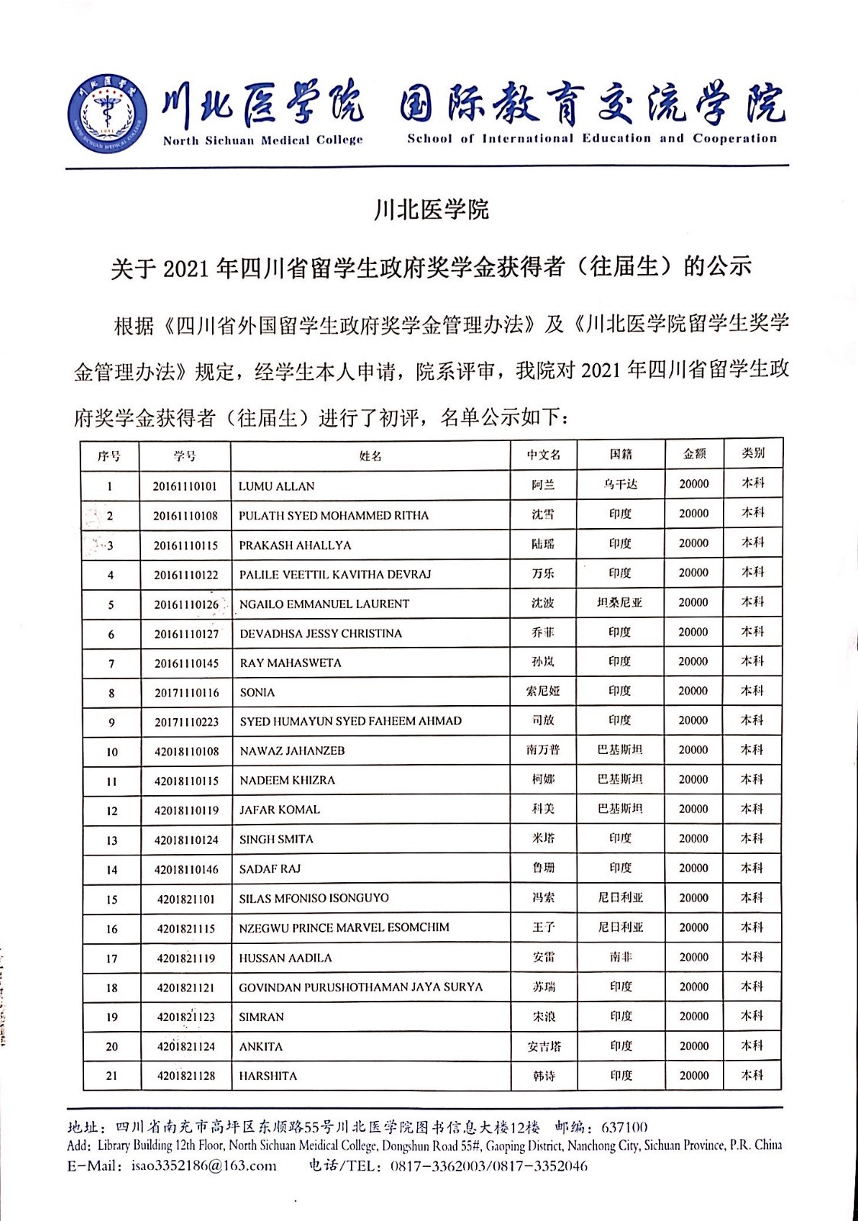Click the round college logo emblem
(107, 111)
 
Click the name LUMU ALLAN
(276, 486)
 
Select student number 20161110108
(185, 516)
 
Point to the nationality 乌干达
(620, 485)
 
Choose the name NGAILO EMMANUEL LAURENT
(324, 604)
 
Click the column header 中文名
(543, 455)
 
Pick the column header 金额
(694, 454)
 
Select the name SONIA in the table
(257, 692)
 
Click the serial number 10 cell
(112, 752)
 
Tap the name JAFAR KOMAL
(279, 810)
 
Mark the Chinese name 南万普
(543, 750)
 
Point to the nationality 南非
(620, 957)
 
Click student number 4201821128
(186, 1076)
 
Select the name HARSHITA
(268, 1076)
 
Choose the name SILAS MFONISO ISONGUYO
(313, 898)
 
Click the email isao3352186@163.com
(204, 1165)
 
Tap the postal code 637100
(625, 1127)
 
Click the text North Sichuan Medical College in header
(262, 140)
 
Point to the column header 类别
(753, 453)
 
